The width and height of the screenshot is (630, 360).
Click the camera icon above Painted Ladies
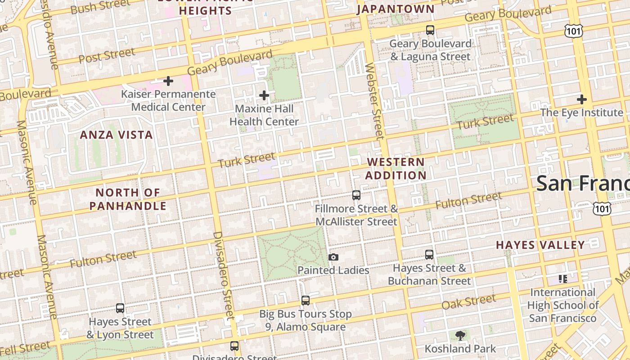point(333,257)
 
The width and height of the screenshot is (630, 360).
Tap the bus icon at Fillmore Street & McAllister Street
point(356,195)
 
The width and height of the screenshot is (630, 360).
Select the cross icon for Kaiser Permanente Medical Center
point(168,81)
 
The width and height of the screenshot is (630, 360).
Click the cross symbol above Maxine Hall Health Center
point(264,95)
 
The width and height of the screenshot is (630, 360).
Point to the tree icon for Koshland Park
point(460,335)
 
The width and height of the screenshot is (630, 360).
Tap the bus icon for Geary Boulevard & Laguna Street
point(430,30)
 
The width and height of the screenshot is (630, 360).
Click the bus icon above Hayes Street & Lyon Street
point(120,308)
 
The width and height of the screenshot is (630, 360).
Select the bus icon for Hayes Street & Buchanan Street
point(429,255)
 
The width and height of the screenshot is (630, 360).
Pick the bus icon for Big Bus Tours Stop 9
point(306,300)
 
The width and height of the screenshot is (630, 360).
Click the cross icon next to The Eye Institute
point(582,99)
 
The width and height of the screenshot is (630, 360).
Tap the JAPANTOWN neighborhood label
point(396,9)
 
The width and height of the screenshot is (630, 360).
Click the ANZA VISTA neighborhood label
point(116,135)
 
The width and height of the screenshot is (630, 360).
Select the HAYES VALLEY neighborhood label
point(540,245)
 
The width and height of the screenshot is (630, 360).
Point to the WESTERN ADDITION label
point(396,168)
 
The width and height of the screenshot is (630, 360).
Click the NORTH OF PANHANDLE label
point(128,199)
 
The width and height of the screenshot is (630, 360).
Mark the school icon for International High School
point(562,279)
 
